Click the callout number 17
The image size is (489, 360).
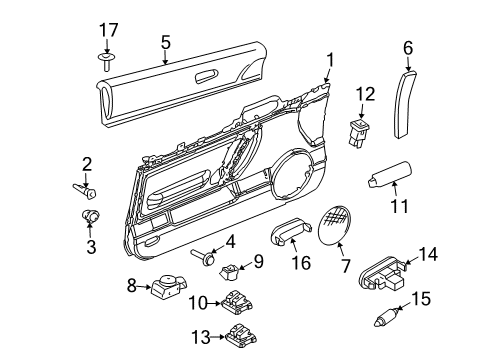click(109, 30)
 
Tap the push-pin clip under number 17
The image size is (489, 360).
click(106, 61)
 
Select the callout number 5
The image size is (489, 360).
click(166, 43)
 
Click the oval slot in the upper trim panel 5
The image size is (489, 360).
click(206, 76)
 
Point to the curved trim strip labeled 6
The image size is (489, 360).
click(404, 103)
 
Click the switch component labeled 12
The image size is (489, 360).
click(359, 133)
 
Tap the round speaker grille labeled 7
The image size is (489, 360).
click(334, 225)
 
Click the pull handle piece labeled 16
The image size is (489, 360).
click(291, 231)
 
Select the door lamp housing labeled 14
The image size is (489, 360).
click(383, 274)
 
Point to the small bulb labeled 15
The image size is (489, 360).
click(385, 318)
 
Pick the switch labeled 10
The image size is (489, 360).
click(236, 302)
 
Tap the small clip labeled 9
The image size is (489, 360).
click(230, 272)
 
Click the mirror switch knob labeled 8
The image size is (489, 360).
click(169, 285)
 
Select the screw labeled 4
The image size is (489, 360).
click(203, 257)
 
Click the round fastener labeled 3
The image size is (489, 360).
click(91, 216)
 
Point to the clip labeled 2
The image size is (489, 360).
click(84, 191)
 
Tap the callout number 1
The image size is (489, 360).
click(330, 61)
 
